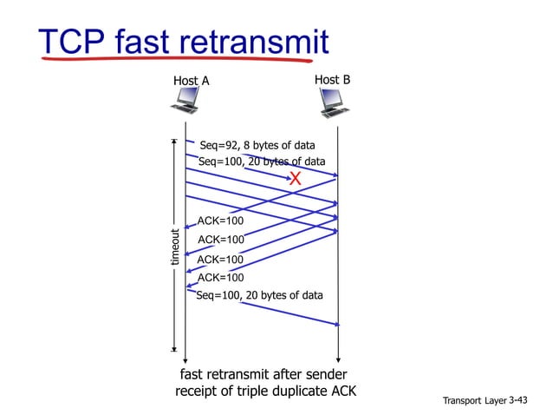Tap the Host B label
(332, 80)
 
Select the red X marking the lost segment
(295, 179)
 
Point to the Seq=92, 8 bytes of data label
(257, 145)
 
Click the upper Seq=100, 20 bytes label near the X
(262, 161)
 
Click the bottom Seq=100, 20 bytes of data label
(259, 296)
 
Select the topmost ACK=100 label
(220, 221)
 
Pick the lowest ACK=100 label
(220, 278)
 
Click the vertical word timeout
(174, 247)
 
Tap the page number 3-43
(517, 399)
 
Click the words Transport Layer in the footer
(474, 400)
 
